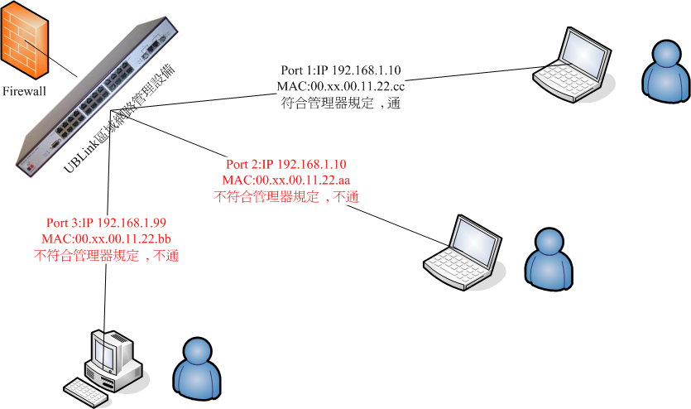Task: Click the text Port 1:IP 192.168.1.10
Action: [x=341, y=70]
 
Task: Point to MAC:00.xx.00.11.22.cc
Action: [x=341, y=86]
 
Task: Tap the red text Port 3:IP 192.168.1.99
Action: [x=107, y=224]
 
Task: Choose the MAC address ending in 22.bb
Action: [x=107, y=239]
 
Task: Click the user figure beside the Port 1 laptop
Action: [x=665, y=71]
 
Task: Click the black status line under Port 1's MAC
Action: [x=341, y=103]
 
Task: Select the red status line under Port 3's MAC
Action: [x=107, y=256]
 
